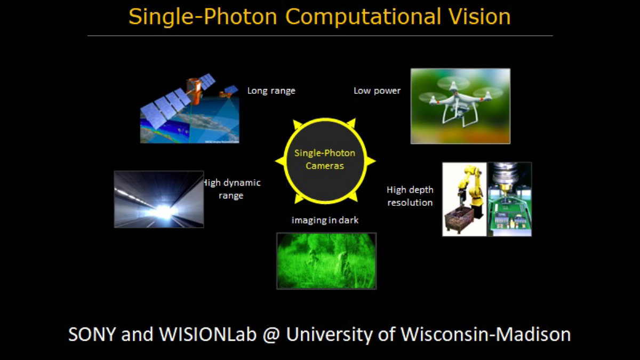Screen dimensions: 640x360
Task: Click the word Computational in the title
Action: pyautogui.click(x=363, y=17)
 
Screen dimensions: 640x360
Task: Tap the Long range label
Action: pyautogui.click(x=271, y=91)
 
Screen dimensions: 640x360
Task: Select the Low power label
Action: pyautogui.click(x=377, y=91)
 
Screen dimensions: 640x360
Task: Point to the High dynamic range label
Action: pyautogui.click(x=231, y=189)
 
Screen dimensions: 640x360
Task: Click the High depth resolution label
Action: pyautogui.click(x=410, y=196)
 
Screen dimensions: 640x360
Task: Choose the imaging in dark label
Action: pyautogui.click(x=325, y=220)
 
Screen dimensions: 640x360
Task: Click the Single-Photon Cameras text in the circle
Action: pyautogui.click(x=325, y=159)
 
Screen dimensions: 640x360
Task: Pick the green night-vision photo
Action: pyautogui.click(x=326, y=261)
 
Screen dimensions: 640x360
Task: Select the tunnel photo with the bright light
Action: pyautogui.click(x=159, y=199)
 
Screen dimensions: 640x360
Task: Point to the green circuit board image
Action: pyautogui.click(x=509, y=199)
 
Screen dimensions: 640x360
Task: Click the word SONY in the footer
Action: pyautogui.click(x=92, y=334)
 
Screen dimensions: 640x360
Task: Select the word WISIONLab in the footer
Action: pyautogui.click(x=207, y=334)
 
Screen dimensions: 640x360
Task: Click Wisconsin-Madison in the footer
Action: pyautogui.click(x=486, y=334)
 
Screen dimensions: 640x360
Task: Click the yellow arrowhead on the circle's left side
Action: pyautogui.click(x=280, y=161)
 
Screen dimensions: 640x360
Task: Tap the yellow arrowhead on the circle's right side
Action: pyautogui.click(x=371, y=161)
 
